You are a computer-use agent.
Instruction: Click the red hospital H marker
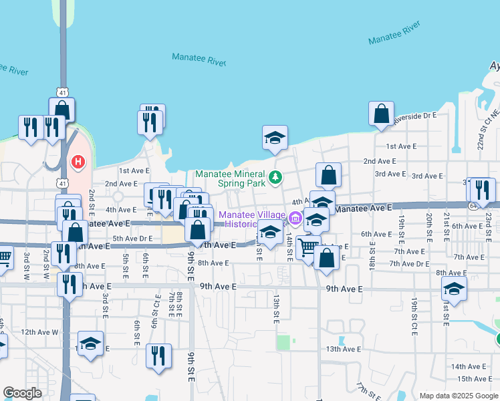click(x=78, y=162)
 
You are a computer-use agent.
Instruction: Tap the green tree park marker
click(x=275, y=178)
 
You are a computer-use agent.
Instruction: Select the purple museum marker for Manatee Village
click(x=294, y=218)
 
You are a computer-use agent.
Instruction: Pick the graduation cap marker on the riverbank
click(x=275, y=138)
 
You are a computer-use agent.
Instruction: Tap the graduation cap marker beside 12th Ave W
click(x=90, y=344)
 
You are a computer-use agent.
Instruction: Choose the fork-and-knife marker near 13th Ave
click(x=158, y=356)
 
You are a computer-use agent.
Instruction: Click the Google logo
click(x=23, y=393)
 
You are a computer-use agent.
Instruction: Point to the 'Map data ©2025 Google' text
click(x=459, y=396)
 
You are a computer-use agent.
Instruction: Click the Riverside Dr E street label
click(x=414, y=116)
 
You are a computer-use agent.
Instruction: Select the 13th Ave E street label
click(x=343, y=349)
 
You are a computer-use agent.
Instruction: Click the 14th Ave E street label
click(x=468, y=366)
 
